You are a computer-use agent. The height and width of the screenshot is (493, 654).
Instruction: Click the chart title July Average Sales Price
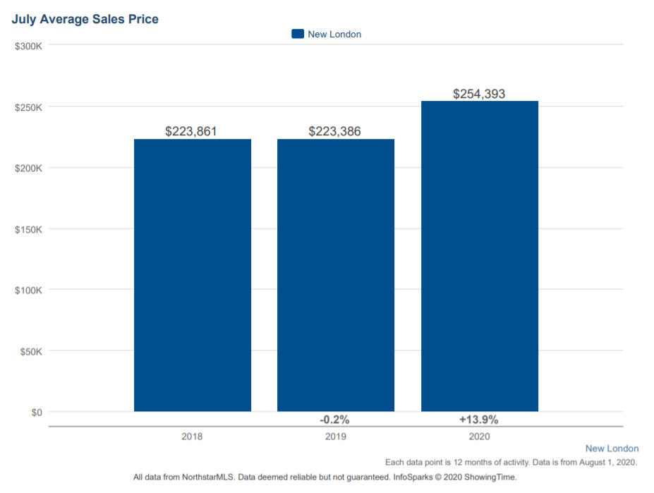click(x=85, y=19)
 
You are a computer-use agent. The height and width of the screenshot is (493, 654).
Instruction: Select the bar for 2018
click(x=193, y=275)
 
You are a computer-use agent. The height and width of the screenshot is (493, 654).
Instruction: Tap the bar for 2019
click(x=336, y=275)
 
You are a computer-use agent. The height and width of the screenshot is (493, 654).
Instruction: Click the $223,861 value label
click(x=191, y=131)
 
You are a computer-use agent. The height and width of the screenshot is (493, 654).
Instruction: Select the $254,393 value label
click(x=479, y=93)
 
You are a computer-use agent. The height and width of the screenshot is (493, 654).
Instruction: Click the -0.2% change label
click(x=334, y=420)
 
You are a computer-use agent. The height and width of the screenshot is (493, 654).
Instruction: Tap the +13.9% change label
click(x=479, y=420)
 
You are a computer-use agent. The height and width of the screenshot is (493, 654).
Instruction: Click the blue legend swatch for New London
click(x=298, y=34)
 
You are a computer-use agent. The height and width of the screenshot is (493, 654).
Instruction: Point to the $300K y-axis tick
click(x=29, y=46)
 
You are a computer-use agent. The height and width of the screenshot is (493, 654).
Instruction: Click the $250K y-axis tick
click(x=29, y=107)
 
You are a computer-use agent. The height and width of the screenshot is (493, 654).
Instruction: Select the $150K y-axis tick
click(x=29, y=229)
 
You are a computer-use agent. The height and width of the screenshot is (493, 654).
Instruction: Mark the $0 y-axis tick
click(x=35, y=412)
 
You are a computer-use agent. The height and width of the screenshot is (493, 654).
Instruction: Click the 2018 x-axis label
click(x=192, y=437)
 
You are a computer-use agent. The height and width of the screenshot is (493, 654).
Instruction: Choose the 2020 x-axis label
click(x=479, y=437)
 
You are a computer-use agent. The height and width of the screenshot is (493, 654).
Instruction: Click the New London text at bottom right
click(x=612, y=449)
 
